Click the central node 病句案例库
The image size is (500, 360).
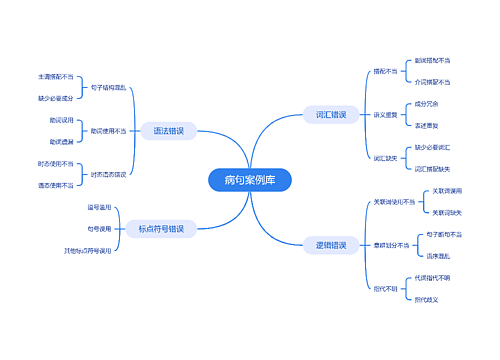pyautogui.click(x=250, y=180)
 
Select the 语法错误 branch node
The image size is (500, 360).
pyautogui.click(x=168, y=131)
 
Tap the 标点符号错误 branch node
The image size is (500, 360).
pyautogui.click(x=161, y=229)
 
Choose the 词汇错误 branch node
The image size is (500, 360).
pyautogui.click(x=331, y=115)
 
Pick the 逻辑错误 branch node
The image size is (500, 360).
pyautogui.click(x=331, y=245)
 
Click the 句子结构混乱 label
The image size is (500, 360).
pyautogui.click(x=108, y=87)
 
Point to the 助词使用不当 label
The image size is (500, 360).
pyautogui.click(x=108, y=131)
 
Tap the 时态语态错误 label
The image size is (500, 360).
pyautogui.click(x=108, y=175)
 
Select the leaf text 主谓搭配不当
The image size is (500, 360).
pyautogui.click(x=56, y=76)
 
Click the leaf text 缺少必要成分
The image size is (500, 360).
pyautogui.click(x=56, y=98)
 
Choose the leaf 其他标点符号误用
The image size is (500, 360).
pyautogui.click(x=88, y=250)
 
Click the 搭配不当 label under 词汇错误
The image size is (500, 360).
pyautogui.click(x=385, y=71)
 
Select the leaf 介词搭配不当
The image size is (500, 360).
pyautogui.click(x=432, y=82)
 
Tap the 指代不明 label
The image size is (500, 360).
pyautogui.click(x=385, y=288)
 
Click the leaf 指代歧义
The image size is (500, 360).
pyautogui.click(x=427, y=299)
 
